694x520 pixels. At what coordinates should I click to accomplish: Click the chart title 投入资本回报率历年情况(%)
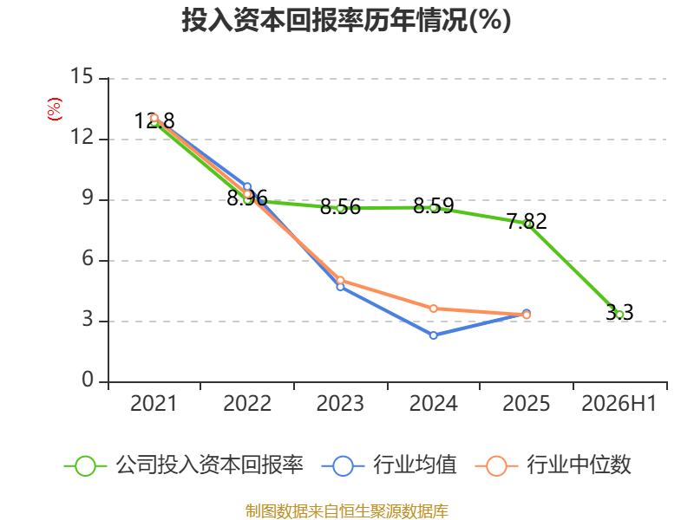coord(346,20)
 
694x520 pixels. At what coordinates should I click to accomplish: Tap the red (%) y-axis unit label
coord(55,109)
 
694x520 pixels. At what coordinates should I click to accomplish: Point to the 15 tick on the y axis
coord(82,76)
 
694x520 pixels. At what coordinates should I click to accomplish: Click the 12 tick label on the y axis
coord(82,138)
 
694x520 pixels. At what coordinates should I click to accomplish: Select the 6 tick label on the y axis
coord(88,258)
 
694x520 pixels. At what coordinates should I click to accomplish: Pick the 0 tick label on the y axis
coord(88,380)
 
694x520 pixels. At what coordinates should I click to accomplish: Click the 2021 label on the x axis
coord(154,403)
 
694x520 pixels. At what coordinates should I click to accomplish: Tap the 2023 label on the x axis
coord(340,403)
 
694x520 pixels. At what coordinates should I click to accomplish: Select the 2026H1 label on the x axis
coord(619,403)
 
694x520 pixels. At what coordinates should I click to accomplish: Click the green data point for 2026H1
coord(619,315)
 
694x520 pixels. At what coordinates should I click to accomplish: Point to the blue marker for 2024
coord(433,335)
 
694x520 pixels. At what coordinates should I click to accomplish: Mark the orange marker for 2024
coord(433,309)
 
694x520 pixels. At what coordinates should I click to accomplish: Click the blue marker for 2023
coord(340,287)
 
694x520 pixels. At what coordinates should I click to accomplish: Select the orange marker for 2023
coord(340,280)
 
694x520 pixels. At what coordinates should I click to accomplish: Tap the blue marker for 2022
coord(247,187)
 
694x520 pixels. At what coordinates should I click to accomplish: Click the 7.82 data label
coord(527,222)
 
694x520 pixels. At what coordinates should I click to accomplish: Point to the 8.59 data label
coord(433,206)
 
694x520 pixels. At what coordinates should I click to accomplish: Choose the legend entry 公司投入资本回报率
coord(184,465)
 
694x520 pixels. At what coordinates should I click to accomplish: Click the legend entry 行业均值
coord(389,465)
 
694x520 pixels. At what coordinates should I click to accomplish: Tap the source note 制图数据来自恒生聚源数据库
coord(347,510)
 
